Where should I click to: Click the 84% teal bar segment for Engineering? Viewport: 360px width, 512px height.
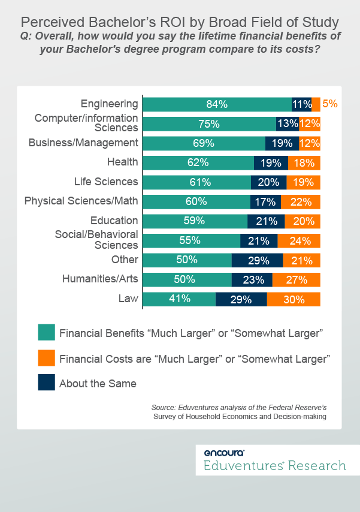(217, 104)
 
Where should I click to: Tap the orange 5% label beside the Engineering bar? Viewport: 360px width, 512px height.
(330, 104)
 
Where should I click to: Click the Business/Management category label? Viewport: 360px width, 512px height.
(84, 143)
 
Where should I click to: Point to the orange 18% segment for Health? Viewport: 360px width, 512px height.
(304, 162)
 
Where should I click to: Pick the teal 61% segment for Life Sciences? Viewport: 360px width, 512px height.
(197, 182)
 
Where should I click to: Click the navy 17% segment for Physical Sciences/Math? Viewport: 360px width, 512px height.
(265, 201)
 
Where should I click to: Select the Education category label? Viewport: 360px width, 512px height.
(114, 220)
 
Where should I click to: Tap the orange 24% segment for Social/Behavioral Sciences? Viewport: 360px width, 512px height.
(299, 241)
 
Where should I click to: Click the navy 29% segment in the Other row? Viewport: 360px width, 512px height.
(257, 260)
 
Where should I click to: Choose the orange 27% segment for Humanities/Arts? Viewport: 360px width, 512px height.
(297, 279)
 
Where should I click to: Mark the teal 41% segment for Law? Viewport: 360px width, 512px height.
(179, 299)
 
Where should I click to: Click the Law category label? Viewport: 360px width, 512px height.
(129, 297)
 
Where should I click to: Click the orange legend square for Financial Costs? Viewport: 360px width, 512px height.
(46, 358)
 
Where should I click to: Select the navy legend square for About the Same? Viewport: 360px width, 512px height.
(46, 383)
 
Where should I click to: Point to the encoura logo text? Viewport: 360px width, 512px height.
(224, 453)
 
